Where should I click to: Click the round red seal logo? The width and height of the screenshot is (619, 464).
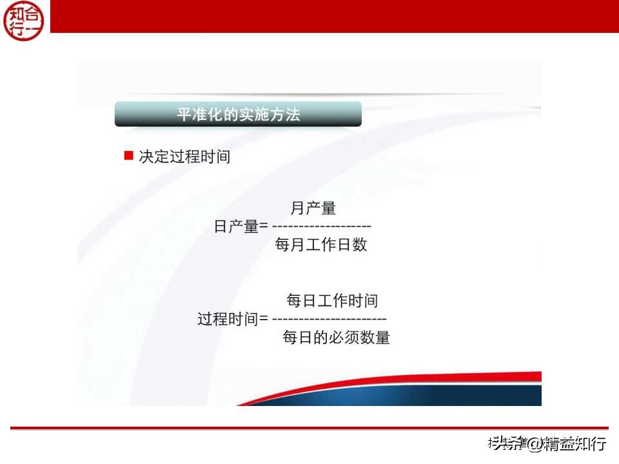[x=24, y=20]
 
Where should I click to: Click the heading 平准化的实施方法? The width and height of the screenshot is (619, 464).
[x=238, y=115]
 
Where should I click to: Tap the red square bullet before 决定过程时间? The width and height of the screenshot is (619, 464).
[x=128, y=155]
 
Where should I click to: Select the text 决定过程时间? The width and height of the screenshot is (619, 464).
[x=184, y=157]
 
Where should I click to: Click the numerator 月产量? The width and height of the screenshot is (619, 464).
[x=313, y=208]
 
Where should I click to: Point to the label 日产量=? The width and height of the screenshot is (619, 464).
[x=241, y=226]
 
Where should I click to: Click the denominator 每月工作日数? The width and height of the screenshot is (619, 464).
[x=320, y=245]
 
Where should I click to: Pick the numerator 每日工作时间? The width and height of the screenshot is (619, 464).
[x=331, y=300]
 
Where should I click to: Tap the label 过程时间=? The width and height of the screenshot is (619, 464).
[x=232, y=319]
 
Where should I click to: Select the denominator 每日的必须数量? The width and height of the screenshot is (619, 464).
[x=336, y=338]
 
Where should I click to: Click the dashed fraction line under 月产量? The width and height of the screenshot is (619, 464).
[x=322, y=227]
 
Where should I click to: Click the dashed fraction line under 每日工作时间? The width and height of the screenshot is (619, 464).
[x=329, y=319]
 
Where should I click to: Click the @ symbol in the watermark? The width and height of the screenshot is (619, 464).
[x=535, y=443]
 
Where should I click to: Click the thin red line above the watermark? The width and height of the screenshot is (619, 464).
[x=309, y=428]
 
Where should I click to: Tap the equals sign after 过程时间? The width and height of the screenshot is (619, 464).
[x=263, y=319]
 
